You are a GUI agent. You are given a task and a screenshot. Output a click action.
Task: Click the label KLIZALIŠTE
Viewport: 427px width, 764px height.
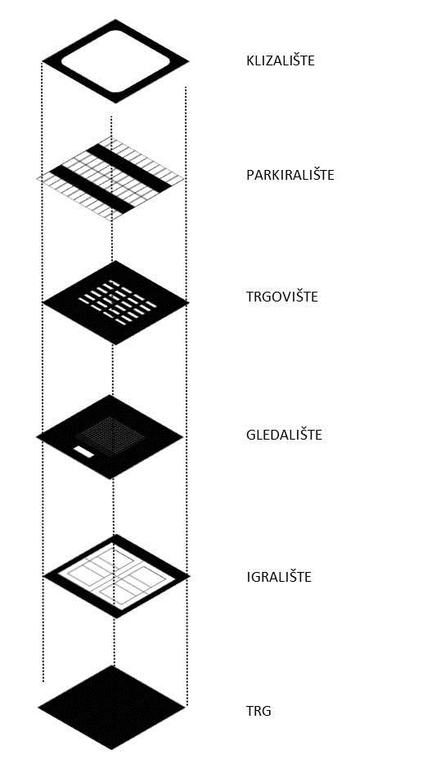[280, 61]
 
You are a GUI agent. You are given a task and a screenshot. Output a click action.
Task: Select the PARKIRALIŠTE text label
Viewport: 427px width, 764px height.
[290, 176]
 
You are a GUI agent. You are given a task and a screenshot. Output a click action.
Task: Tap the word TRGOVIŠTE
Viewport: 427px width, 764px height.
[282, 297]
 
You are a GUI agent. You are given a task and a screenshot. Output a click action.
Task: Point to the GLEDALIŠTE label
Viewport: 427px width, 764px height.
[284, 435]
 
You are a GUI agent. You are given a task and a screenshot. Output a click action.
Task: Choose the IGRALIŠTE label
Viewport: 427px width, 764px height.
[279, 578]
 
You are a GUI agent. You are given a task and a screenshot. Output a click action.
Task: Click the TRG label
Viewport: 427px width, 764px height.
[258, 712]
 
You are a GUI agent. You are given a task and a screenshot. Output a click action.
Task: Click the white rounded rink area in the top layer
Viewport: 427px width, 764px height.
[115, 61]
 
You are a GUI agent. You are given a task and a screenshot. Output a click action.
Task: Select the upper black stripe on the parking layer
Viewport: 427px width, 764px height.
[129, 168]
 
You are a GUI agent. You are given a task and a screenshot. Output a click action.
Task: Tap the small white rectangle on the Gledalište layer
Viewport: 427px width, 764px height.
[83, 452]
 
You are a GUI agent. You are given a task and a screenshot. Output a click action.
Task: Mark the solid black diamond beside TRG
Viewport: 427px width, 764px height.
[112, 708]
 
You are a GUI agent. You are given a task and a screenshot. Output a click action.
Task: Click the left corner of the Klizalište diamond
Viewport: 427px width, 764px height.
[43, 61]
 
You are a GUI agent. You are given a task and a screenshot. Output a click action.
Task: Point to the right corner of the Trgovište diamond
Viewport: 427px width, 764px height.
[189, 302]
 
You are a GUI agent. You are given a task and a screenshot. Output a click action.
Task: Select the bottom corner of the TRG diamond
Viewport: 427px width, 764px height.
[112, 749]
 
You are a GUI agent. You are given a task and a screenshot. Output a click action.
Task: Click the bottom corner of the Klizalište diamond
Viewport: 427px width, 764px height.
[115, 103]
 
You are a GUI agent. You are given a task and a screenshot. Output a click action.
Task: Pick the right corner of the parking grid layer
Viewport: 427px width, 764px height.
[185, 179]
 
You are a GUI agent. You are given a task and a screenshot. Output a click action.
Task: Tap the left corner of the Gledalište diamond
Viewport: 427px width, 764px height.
[37, 437]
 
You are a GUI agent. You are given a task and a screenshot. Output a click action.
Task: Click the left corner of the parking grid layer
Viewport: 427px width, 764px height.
[37, 179]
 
